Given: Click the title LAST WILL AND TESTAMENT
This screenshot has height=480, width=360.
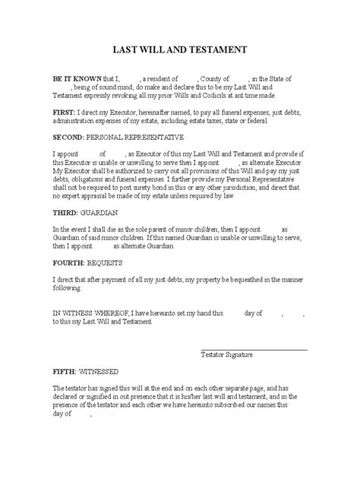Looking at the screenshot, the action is point(180,51).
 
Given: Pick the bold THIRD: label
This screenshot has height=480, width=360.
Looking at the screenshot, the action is point(45,212).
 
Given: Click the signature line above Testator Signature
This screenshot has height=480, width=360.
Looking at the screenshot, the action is point(254,349).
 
